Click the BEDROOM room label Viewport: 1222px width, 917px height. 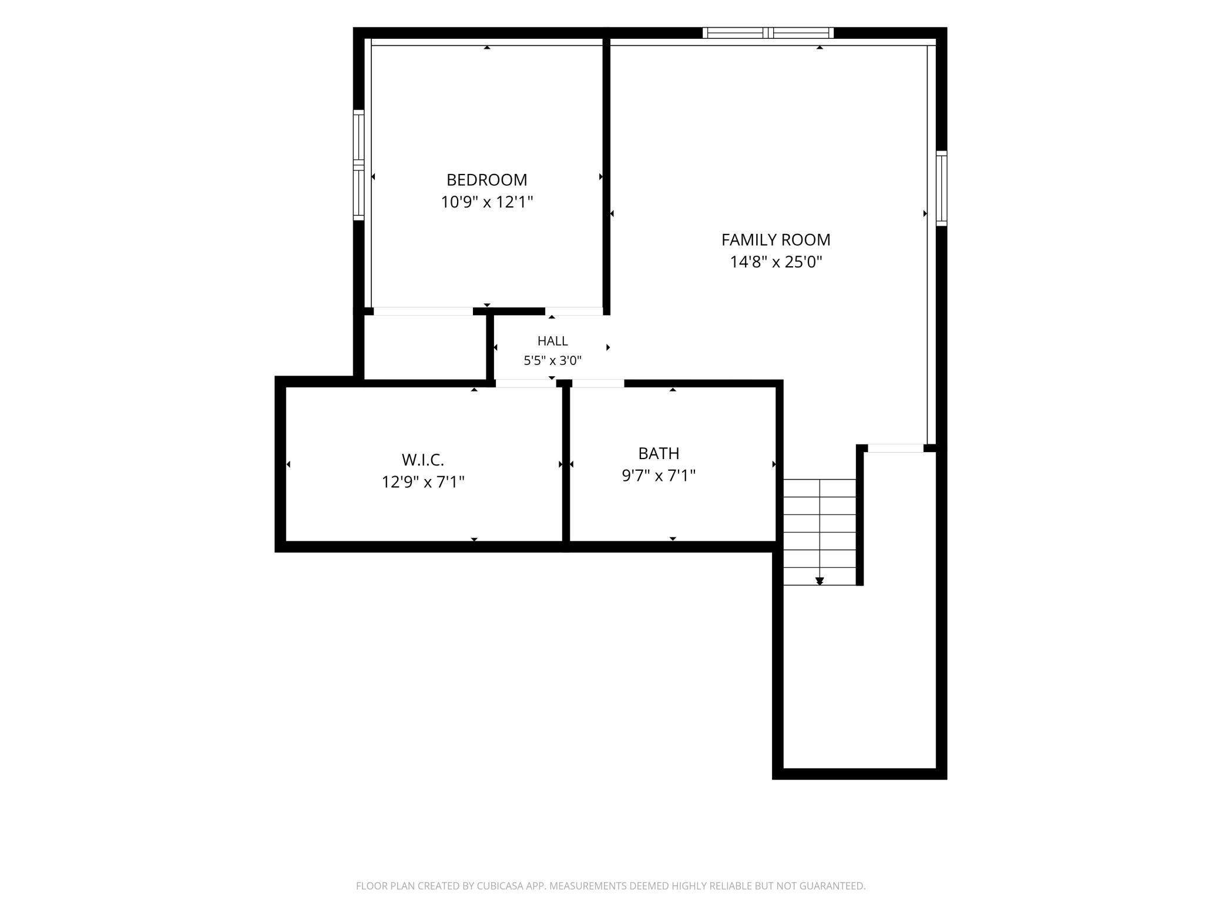coord(486,180)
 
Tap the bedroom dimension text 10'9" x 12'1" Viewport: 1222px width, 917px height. coord(487,202)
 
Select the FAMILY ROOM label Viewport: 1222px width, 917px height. coord(775,240)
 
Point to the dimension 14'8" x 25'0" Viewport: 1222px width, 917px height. coord(775,262)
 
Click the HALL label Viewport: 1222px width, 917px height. coord(552,341)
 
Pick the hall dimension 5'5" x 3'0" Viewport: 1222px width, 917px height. coord(552,361)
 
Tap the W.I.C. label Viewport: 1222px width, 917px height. coord(422,460)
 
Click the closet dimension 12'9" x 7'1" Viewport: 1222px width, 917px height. coord(423,482)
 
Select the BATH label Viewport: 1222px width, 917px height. coord(659,454)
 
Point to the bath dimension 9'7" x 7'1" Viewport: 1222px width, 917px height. coord(659,476)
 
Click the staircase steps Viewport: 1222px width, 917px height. coord(820,532)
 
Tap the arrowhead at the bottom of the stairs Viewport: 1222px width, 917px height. coord(820,581)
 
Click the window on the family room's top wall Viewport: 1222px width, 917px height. coord(768,33)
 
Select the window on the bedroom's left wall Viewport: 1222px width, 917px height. coord(358,165)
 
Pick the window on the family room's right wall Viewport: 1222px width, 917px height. coord(941,188)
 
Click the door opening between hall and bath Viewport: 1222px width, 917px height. coord(598,384)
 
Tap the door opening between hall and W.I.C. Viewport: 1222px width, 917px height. coord(525,384)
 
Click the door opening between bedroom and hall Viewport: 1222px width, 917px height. coord(574,312)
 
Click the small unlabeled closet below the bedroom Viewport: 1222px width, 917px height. coord(425,347)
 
